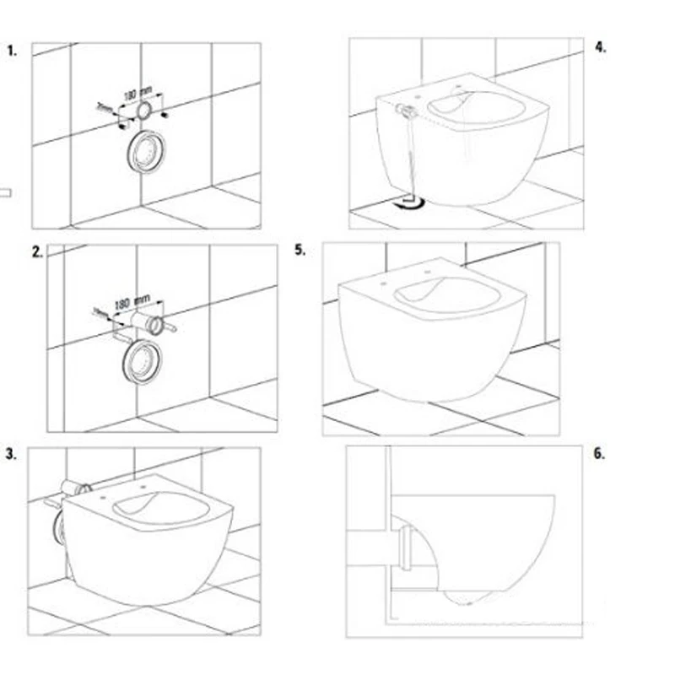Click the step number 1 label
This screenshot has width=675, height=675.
pos(12,51)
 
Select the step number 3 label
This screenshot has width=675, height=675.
pos(12,454)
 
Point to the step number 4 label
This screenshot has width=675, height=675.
pos(600,47)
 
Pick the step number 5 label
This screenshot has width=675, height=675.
pos(300,251)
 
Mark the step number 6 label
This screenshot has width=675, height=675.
pos(600,454)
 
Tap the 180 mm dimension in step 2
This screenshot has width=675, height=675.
pos(132,301)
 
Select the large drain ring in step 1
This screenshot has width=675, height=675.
pos(144,152)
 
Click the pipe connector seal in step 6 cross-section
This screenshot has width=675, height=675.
pos(404,547)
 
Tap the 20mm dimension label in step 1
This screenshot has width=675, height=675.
pos(105,107)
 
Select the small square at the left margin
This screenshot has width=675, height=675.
pos(6,192)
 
